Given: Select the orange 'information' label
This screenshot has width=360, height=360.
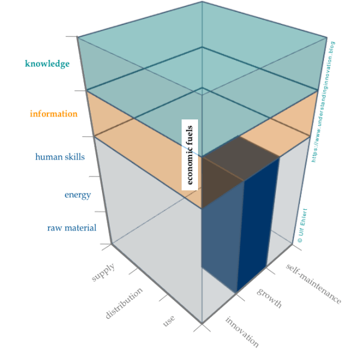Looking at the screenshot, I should point(53,113).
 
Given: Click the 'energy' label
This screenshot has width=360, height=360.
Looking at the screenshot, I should point(77,195).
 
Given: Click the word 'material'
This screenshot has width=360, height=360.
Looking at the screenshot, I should point(80,228).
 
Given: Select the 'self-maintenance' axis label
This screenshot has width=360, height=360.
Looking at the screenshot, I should point(313,283).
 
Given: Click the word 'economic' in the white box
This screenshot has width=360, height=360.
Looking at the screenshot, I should point(190,166).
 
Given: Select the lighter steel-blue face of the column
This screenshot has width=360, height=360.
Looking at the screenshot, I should point(221,240).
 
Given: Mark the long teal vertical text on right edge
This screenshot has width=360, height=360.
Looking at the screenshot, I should point(328,102).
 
